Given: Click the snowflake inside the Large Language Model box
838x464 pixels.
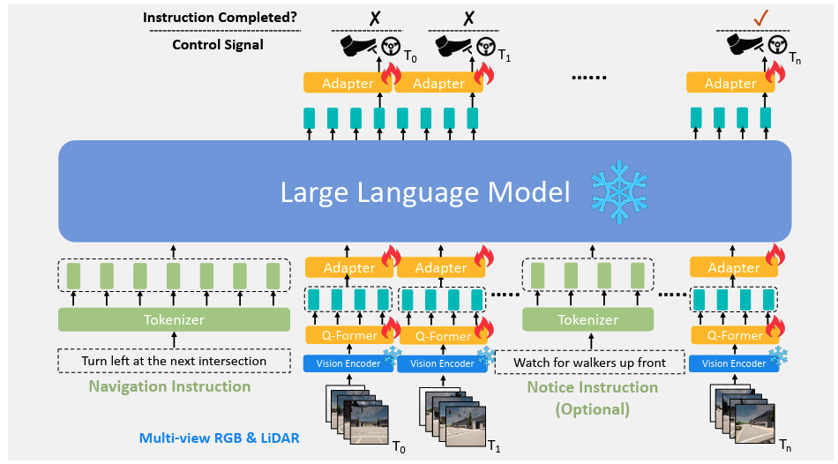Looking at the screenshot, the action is [619, 192].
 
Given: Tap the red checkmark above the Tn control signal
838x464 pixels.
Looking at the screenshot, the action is [760, 18].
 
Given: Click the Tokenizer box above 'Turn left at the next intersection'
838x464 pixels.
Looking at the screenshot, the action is [175, 319].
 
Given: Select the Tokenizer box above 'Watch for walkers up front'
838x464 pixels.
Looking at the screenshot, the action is [587, 319].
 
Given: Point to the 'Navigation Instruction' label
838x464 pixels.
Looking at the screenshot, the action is [169, 386].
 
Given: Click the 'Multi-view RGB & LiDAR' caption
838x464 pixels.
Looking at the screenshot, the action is [219, 438].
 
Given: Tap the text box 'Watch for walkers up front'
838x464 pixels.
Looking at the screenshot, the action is [590, 363].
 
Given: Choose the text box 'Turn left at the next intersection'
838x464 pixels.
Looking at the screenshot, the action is [175, 361].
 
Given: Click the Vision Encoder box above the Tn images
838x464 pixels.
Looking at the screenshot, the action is [734, 363].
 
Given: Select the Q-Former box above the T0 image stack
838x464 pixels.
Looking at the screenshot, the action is [349, 335].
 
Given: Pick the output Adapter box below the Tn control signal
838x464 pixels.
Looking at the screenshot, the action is [730, 83].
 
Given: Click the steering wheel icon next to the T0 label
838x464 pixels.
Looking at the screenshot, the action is [391, 47].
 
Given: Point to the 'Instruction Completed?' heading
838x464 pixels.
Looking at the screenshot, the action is [220, 17].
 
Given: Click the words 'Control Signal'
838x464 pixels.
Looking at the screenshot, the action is [218, 44].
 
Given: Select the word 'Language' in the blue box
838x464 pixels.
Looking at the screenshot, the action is [418, 193].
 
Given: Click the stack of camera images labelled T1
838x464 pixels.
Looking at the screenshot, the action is [453, 415].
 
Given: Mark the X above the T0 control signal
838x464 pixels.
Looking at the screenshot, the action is [375, 18].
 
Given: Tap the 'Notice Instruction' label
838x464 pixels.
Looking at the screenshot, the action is [593, 387].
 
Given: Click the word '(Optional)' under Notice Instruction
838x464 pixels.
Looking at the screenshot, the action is [592, 409].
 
